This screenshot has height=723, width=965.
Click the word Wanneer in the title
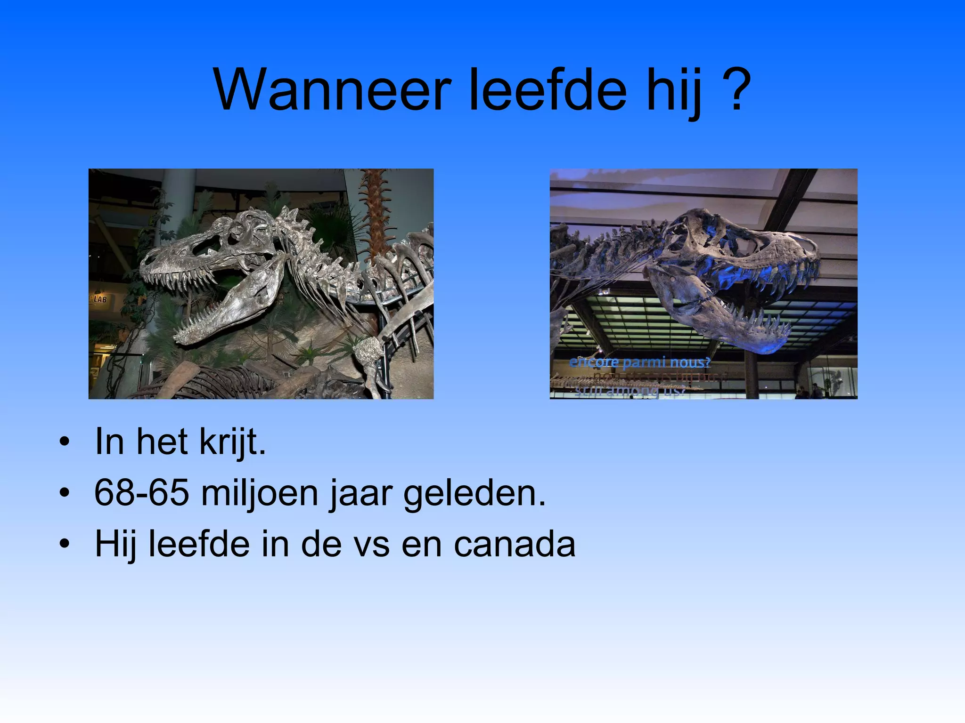click(333, 89)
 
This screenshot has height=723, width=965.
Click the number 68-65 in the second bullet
click(141, 493)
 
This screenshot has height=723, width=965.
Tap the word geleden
click(474, 493)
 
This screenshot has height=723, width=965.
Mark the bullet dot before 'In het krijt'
click(65, 442)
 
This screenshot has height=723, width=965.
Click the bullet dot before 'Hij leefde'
click(65, 545)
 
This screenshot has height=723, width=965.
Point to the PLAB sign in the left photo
click(98, 299)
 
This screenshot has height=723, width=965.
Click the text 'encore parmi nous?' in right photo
click(639, 362)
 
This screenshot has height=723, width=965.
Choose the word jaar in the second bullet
click(360, 493)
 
